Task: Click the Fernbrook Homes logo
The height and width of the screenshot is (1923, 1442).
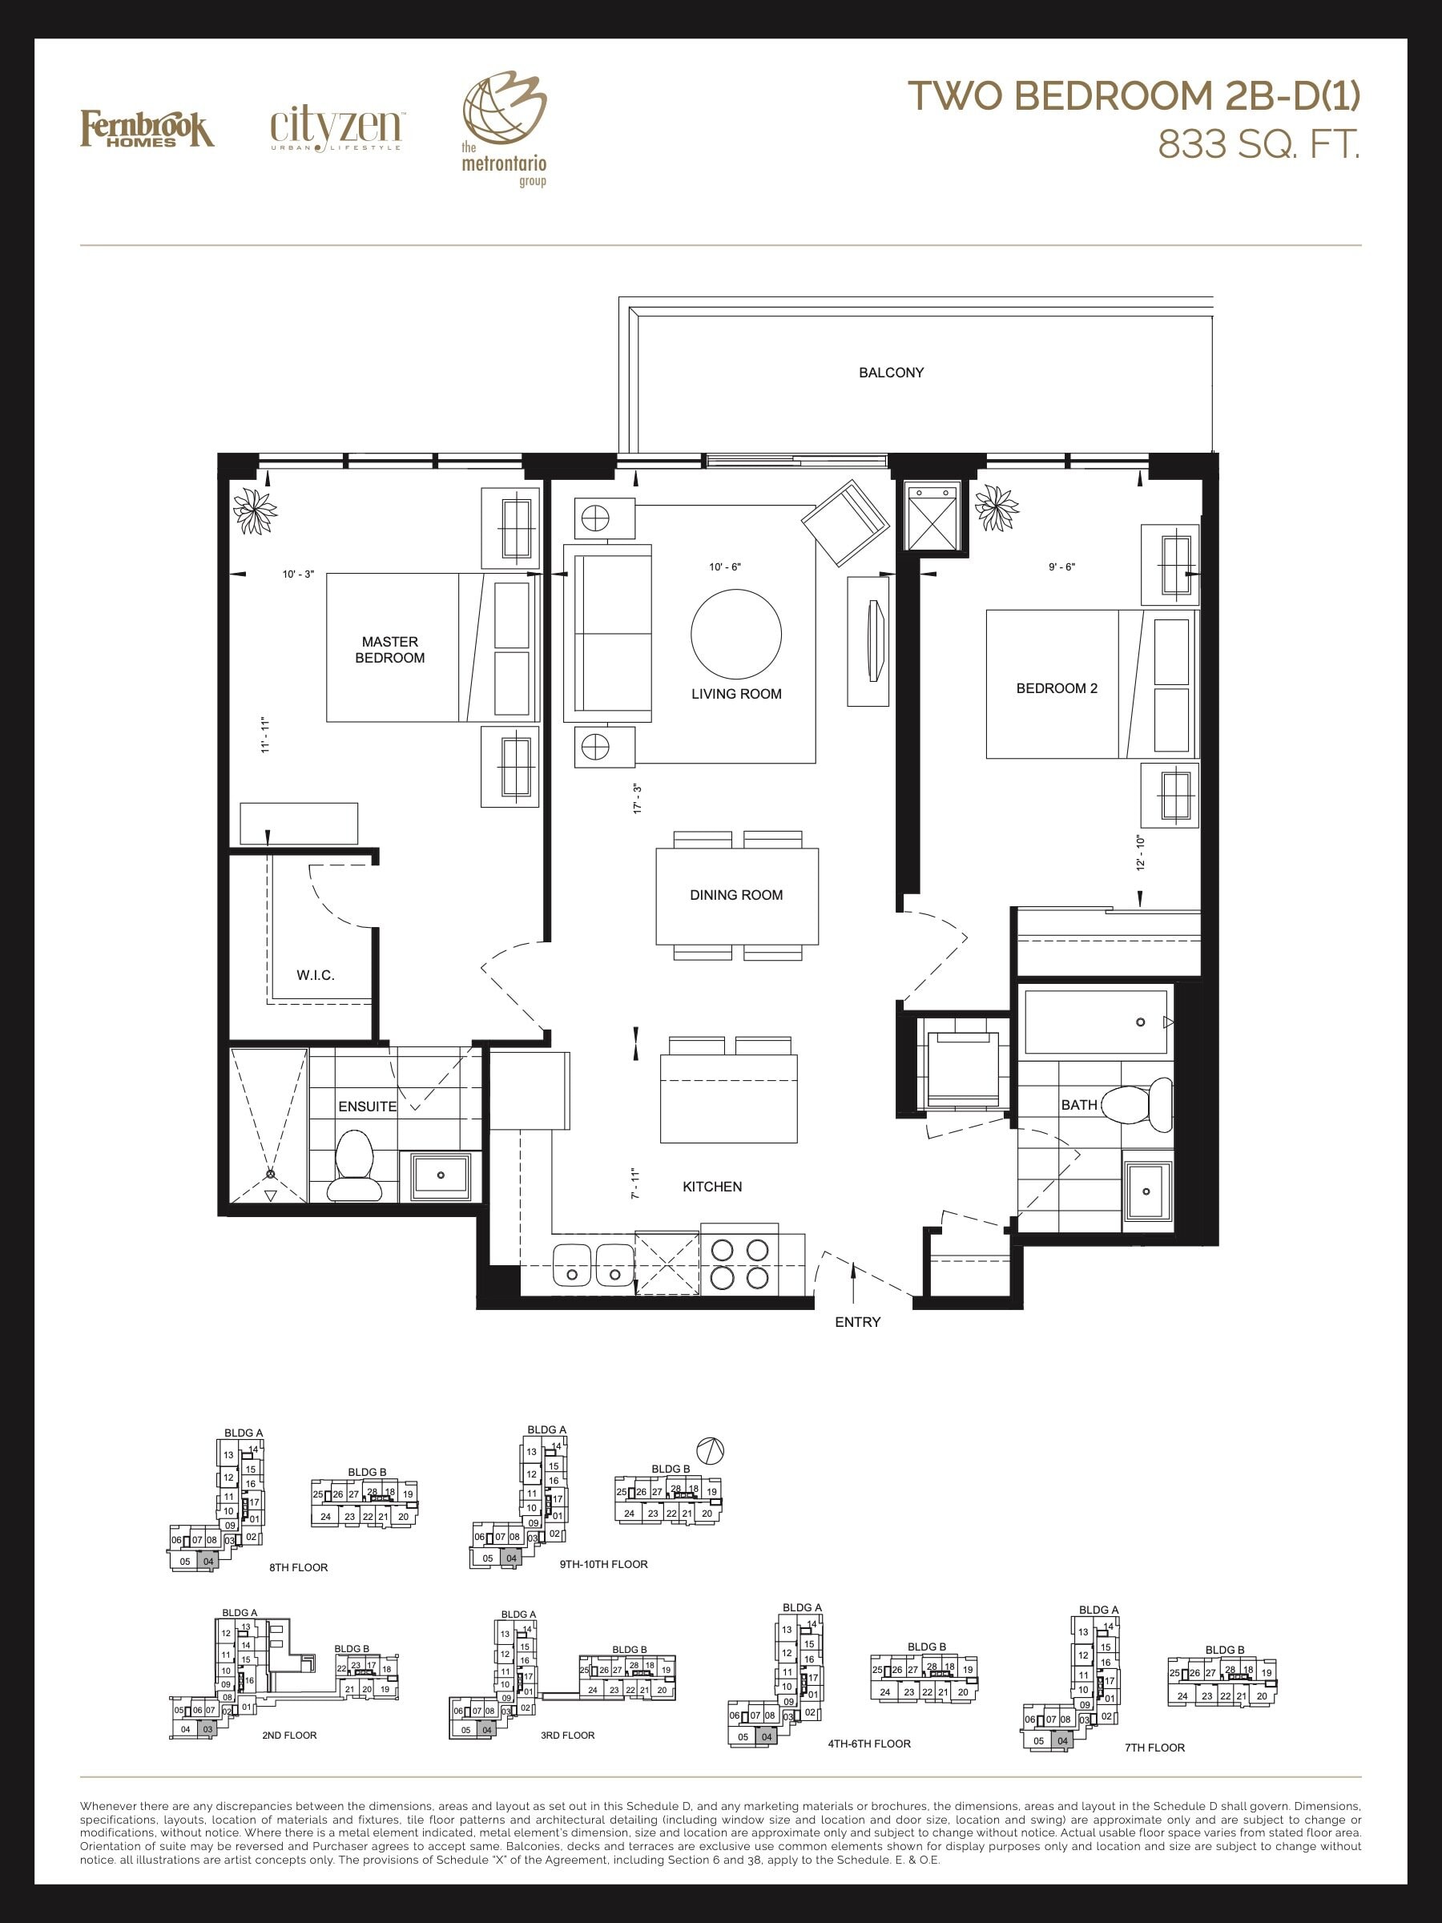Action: [x=147, y=129]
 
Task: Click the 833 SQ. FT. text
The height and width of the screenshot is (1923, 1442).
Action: [x=1258, y=145]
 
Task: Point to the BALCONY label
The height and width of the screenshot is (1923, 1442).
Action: [x=891, y=373]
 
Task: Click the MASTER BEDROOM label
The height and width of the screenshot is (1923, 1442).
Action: [x=389, y=649]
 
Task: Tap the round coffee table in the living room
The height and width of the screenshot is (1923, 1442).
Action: [x=736, y=634]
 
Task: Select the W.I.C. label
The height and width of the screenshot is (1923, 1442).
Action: [x=316, y=975]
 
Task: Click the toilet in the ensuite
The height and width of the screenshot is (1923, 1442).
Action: [x=354, y=1167]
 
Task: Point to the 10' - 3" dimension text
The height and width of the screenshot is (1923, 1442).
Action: [x=298, y=574]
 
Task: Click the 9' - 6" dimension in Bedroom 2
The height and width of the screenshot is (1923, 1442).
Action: [x=1061, y=566]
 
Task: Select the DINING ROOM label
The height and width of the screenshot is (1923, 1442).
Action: [x=736, y=894]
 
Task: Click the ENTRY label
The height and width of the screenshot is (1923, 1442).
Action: [x=858, y=1322]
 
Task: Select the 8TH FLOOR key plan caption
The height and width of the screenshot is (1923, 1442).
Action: [x=298, y=1567]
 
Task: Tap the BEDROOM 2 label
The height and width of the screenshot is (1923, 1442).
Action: [x=1056, y=688]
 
